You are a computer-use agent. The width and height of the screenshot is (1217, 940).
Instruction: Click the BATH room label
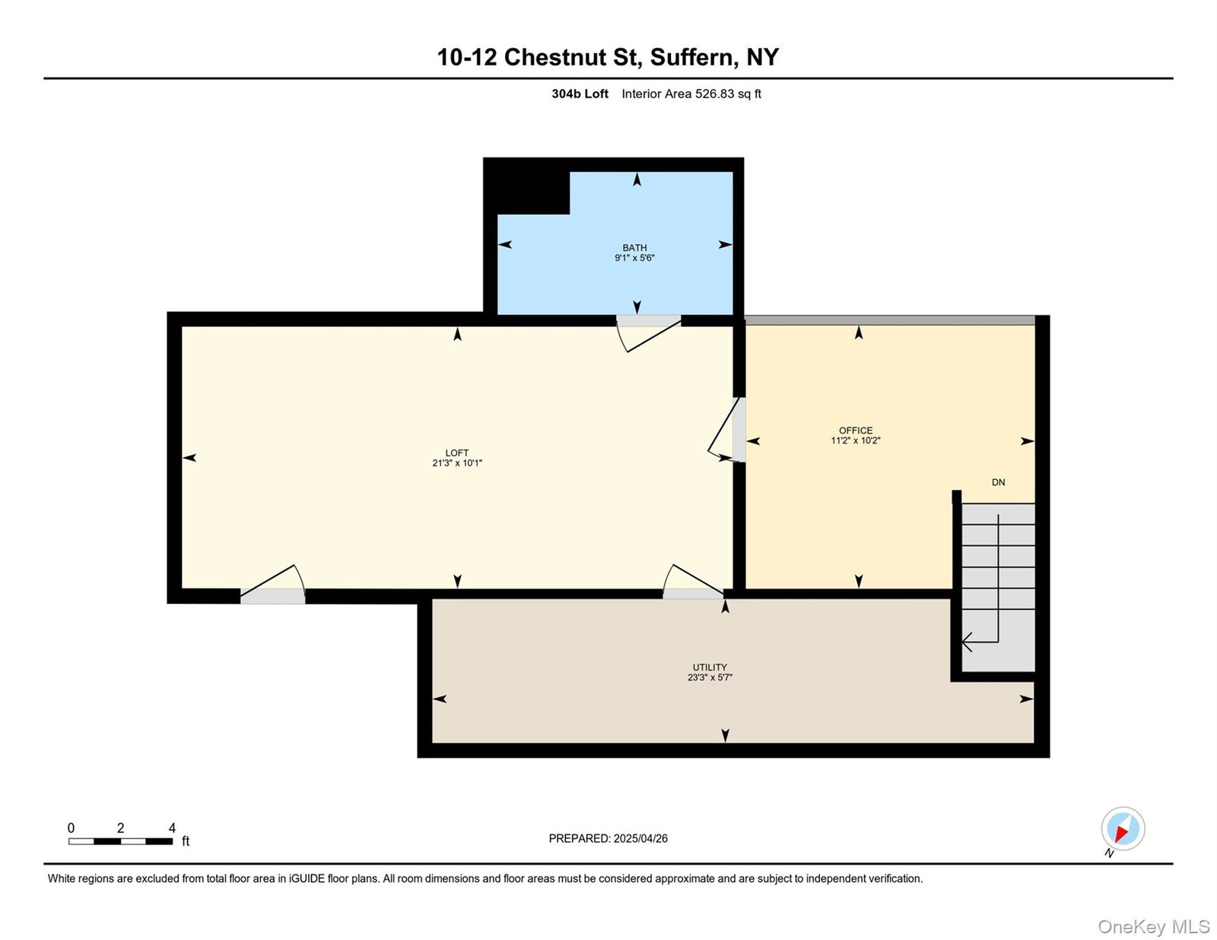point(634,247)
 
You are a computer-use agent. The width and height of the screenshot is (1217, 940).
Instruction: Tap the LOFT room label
point(456,453)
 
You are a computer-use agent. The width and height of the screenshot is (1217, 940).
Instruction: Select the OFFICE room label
point(855,430)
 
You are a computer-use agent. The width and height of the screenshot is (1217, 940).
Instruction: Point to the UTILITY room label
point(709,667)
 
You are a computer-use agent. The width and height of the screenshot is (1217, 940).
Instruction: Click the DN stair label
point(998,481)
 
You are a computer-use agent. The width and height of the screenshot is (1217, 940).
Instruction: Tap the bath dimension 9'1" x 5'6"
point(634,258)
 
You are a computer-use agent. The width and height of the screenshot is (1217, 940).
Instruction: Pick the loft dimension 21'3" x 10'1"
point(456,463)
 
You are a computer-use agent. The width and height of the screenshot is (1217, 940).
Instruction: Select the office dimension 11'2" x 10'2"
point(855,440)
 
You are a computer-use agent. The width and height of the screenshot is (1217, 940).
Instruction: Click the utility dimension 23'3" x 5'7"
point(709,678)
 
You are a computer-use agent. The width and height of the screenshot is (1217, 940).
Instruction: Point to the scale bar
point(120,841)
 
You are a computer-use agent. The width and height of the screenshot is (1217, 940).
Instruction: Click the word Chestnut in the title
point(574,57)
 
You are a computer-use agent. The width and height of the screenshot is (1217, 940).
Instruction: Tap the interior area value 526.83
point(714,94)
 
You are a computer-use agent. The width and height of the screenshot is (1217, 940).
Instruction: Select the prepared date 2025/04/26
point(640,839)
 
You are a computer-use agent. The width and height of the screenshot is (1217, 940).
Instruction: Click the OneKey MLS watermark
point(1153,926)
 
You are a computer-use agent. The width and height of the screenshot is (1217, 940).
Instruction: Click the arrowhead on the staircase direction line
point(968,642)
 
